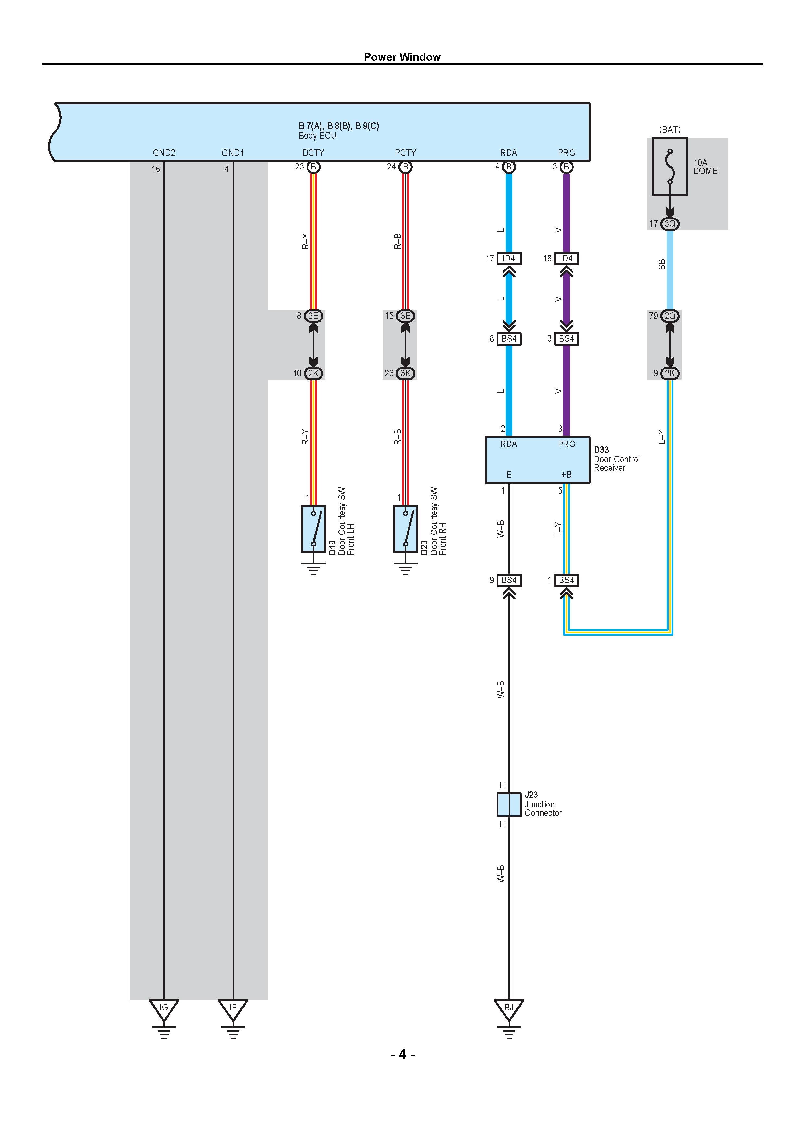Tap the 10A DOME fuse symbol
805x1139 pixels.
[x=670, y=167]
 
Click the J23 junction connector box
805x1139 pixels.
[x=509, y=805]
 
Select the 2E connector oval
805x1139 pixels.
[x=313, y=316]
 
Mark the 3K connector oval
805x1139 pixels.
[x=406, y=373]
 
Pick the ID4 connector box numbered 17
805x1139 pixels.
[x=509, y=258]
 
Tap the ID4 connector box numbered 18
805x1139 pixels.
[x=566, y=258]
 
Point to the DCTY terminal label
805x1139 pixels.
[x=313, y=153]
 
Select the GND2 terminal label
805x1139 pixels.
[x=164, y=153]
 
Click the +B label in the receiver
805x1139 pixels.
[x=566, y=475]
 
